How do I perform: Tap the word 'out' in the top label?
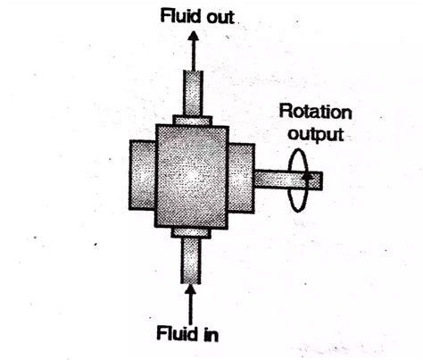click(x=220, y=17)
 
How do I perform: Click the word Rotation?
click(x=315, y=112)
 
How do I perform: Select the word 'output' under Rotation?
click(x=316, y=134)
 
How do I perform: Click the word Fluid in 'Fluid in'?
click(x=177, y=333)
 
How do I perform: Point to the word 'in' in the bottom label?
click(x=211, y=334)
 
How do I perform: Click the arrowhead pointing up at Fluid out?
click(x=194, y=36)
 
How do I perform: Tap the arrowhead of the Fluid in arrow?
click(x=190, y=289)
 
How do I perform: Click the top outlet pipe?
click(x=193, y=93)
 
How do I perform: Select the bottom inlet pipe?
click(x=191, y=261)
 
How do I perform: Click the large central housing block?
click(x=192, y=177)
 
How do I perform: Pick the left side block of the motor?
click(x=142, y=175)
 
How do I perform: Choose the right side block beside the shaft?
click(x=241, y=178)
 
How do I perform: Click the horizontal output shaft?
click(x=288, y=180)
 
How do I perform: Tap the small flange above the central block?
click(x=193, y=121)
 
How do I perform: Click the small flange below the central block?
click(x=191, y=233)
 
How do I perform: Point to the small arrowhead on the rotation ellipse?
click(x=306, y=175)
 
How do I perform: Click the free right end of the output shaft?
click(x=322, y=180)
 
